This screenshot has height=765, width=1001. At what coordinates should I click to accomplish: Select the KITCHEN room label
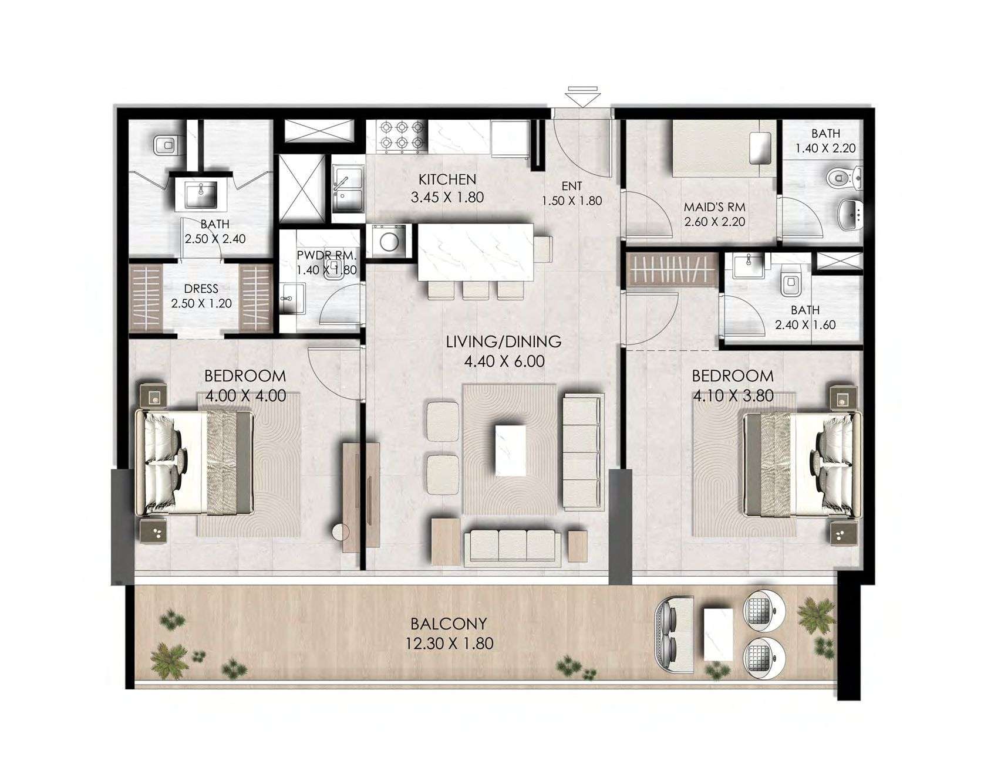coord(447,179)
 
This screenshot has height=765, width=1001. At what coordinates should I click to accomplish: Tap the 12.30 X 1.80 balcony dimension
coord(449,644)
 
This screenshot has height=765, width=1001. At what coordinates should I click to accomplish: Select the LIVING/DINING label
coord(503,341)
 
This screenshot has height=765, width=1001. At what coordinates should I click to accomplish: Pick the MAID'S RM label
coord(714,207)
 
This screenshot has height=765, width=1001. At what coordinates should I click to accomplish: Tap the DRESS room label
coord(201,289)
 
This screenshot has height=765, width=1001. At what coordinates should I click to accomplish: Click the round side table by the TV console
coord(341,532)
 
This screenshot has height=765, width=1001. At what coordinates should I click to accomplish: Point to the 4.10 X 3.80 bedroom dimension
coord(733,396)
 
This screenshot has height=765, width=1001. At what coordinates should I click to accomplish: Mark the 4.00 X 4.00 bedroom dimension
coord(246,396)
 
